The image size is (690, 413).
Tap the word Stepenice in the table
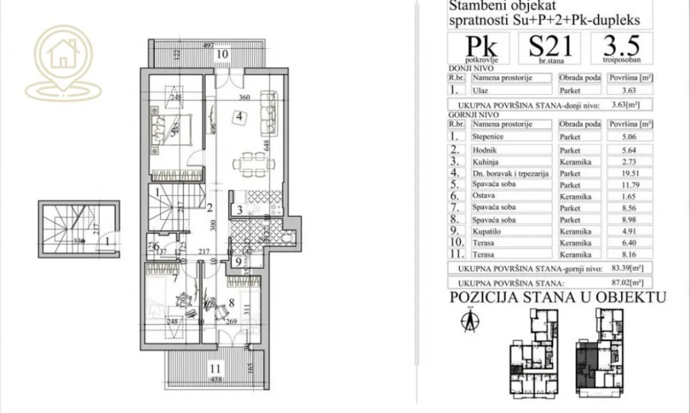point(488,137)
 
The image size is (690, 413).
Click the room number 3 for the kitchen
point(238,210)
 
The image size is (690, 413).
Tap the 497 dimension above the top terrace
point(208,45)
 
